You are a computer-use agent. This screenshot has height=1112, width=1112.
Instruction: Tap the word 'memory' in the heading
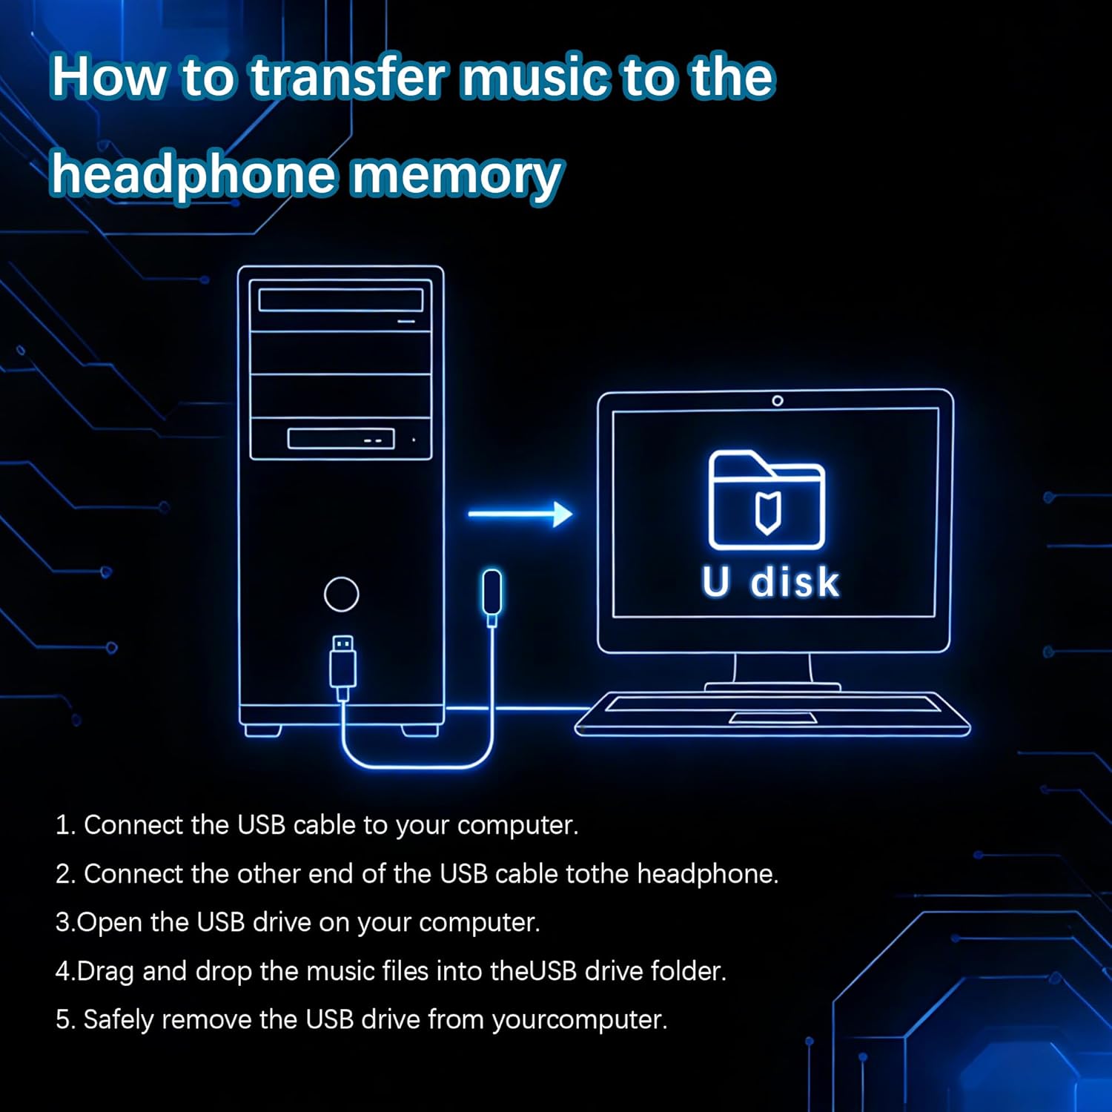point(455,175)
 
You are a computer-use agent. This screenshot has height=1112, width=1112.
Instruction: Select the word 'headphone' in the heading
point(193,175)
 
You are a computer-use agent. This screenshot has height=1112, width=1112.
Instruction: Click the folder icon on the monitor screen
point(767,500)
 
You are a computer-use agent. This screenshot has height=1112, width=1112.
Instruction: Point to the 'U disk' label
point(770,582)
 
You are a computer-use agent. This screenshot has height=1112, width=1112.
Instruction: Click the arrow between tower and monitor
point(520,513)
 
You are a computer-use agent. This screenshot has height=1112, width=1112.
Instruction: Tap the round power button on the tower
point(342,594)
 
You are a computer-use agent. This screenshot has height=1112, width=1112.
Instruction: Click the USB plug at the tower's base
point(342,664)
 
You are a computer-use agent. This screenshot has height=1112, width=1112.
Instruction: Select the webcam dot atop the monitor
point(777,400)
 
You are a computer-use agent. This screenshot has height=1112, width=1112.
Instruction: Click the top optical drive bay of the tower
point(341,300)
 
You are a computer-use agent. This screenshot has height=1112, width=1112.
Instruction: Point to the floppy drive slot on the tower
point(340,439)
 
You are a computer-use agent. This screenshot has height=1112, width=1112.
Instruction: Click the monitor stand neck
point(772,668)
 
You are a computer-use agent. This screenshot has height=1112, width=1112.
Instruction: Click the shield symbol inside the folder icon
point(767,512)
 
